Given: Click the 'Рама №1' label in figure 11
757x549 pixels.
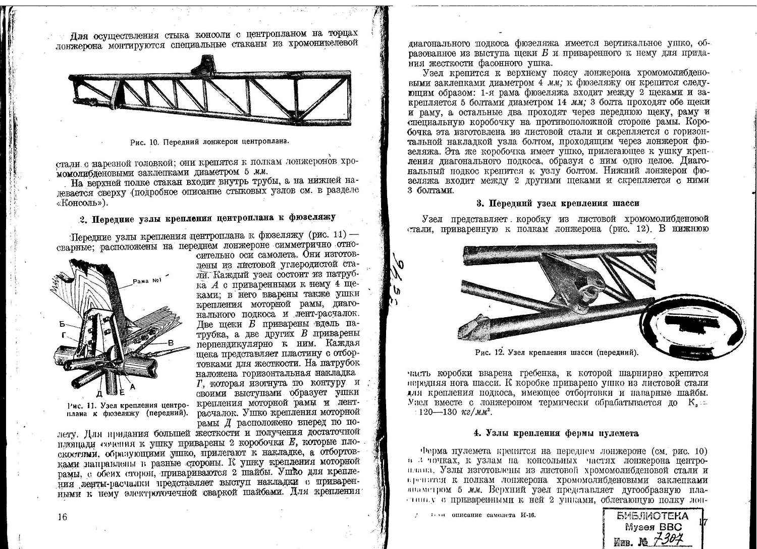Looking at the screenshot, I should coord(146,281).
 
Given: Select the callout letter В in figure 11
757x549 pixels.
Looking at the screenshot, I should coord(171,343).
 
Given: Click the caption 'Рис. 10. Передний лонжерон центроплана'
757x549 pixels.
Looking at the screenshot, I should coord(209,142).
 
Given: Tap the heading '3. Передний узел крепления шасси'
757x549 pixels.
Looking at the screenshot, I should coord(558,203).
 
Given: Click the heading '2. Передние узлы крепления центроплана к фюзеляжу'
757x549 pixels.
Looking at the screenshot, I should coord(207,218).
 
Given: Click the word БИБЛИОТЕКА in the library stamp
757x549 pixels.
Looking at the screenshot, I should coord(652,516).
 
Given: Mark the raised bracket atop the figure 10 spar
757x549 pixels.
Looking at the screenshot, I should coord(204,63).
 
